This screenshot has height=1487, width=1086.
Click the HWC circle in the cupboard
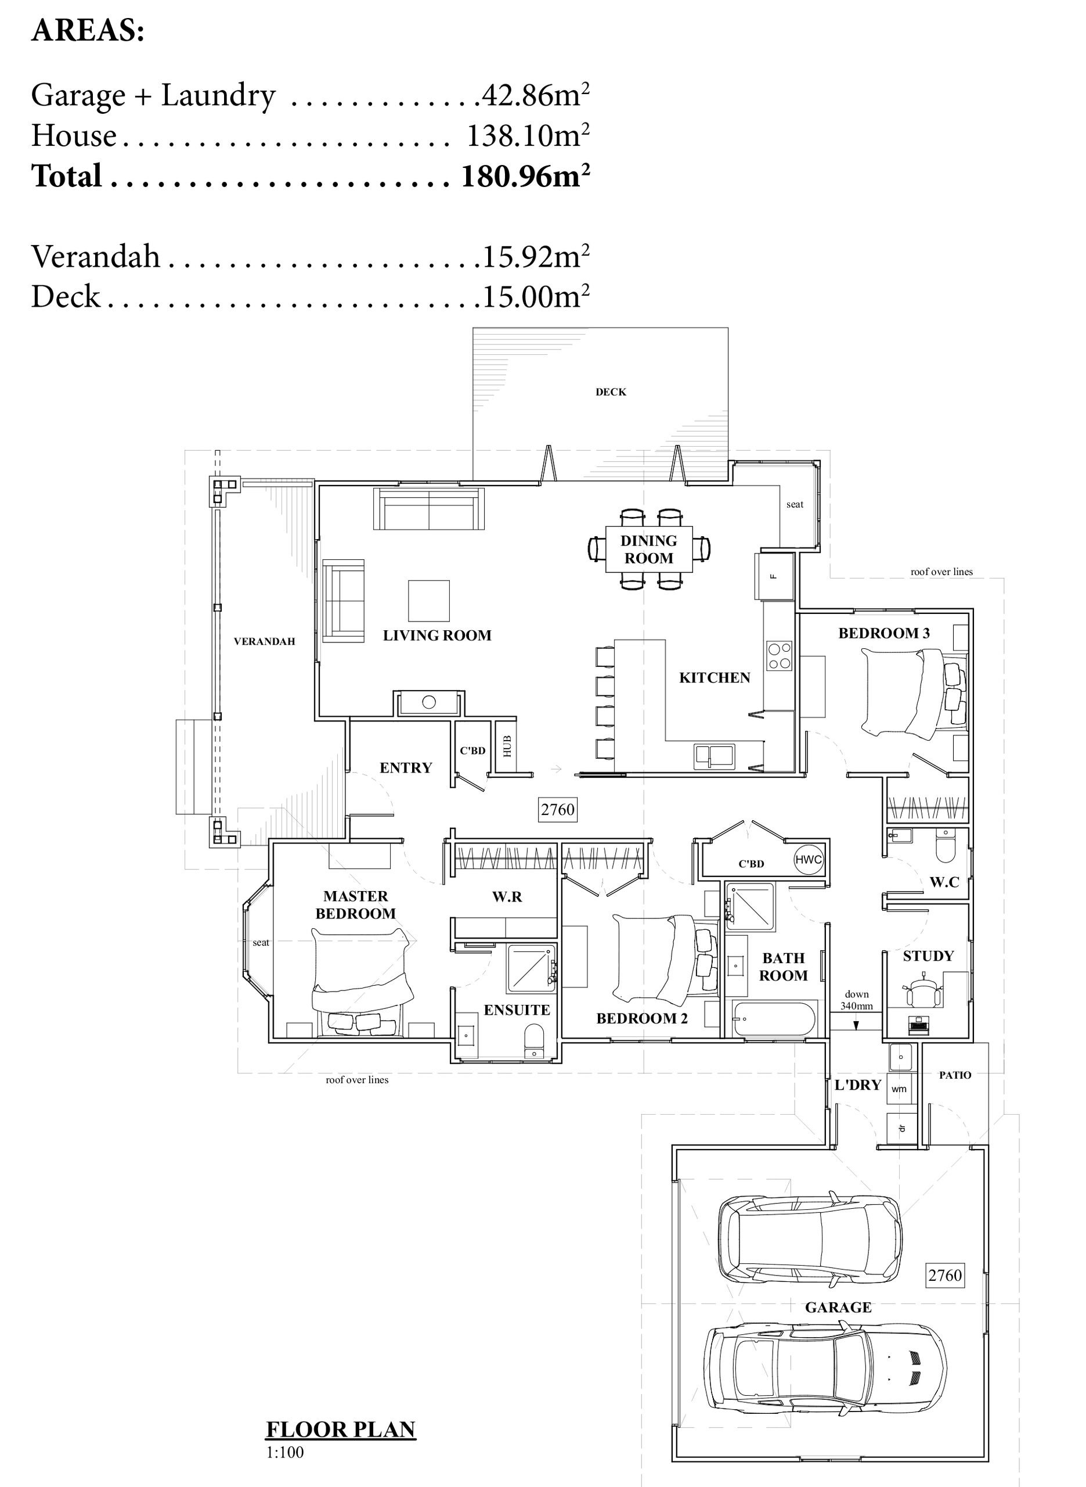808,860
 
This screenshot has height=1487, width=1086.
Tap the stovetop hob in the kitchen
780,656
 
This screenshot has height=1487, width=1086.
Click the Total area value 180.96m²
525,175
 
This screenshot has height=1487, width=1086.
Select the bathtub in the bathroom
775,1019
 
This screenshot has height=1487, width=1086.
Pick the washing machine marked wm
899,1089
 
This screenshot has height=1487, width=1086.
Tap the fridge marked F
774,576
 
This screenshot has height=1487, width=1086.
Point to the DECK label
611,392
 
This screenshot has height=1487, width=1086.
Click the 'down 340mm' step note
857,1000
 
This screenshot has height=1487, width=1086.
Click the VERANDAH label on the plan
264,641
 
